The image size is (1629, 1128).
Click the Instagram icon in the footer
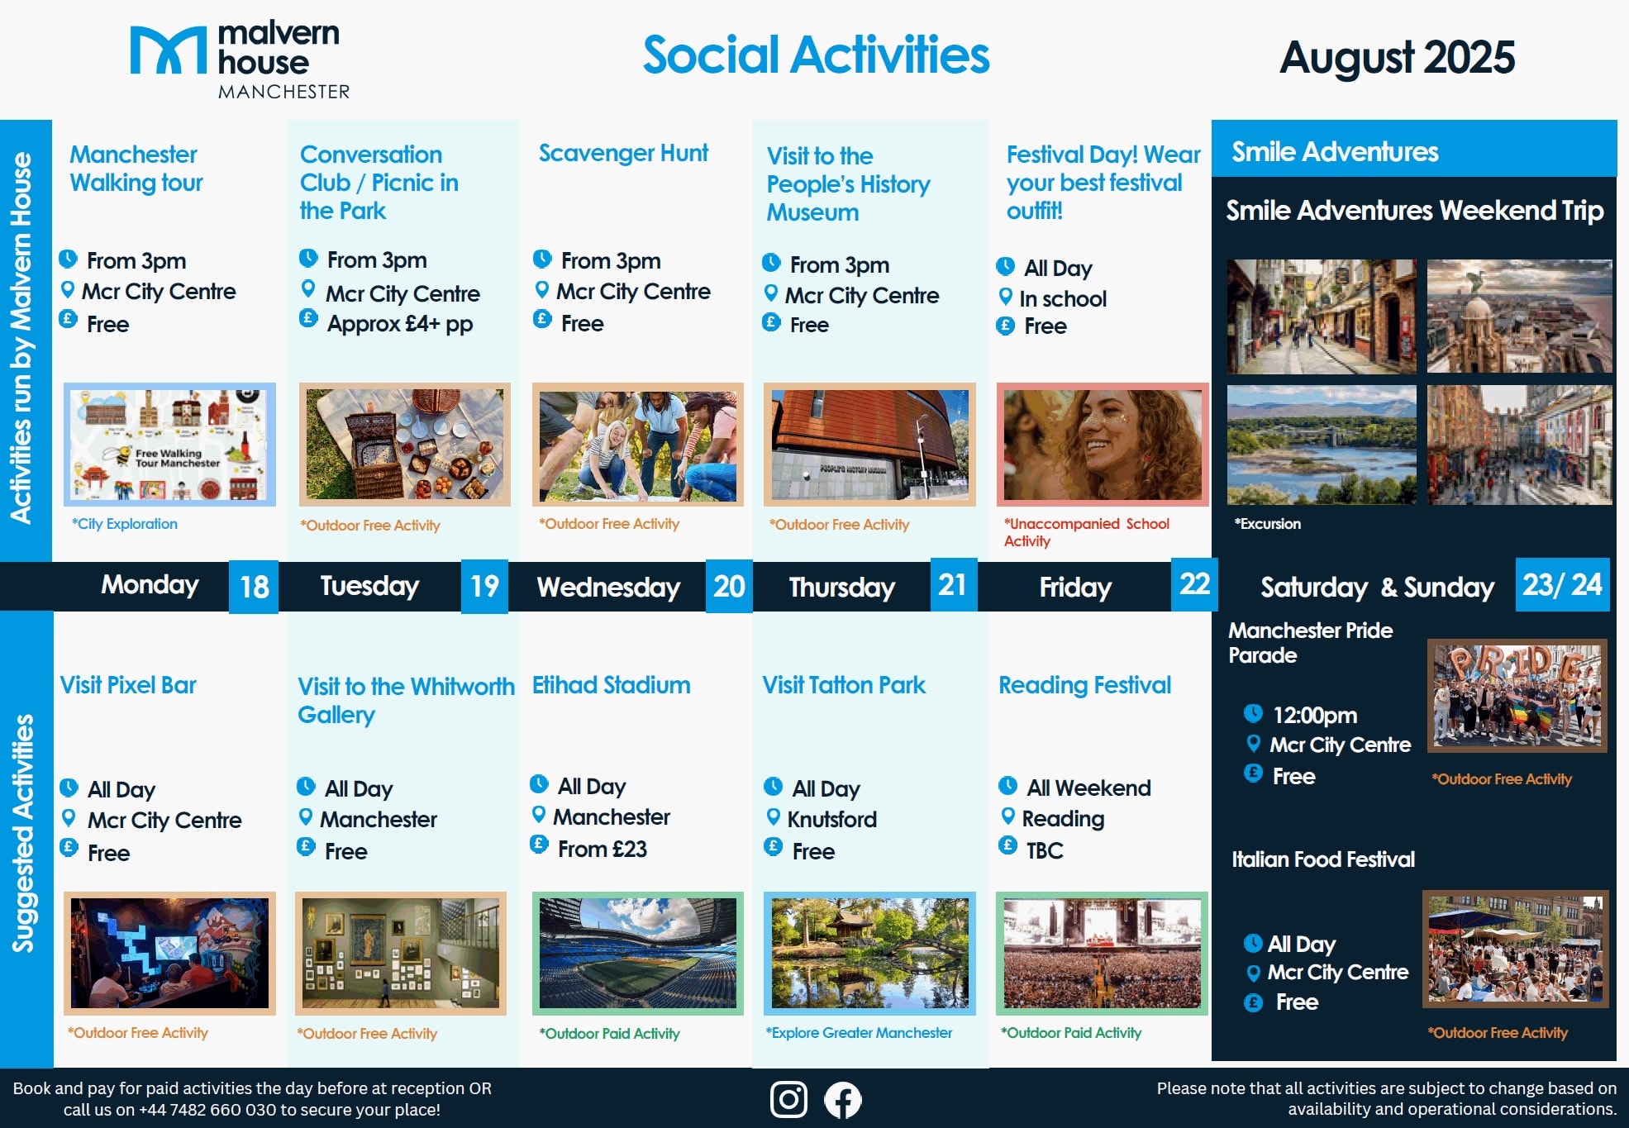tap(788, 1100)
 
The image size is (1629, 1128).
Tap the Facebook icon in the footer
tap(842, 1100)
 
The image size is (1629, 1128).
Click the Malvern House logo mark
tap(169, 50)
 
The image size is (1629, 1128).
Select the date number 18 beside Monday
tap(254, 587)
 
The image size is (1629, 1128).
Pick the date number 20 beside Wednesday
tap(729, 586)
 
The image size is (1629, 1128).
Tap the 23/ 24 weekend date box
tap(1562, 584)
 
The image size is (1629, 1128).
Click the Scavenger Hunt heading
tap(623, 153)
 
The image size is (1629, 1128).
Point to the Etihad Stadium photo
tap(638, 953)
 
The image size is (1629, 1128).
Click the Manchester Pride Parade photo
tap(1517, 695)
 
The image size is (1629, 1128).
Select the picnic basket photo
tap(405, 444)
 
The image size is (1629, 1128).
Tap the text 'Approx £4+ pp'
tap(400, 323)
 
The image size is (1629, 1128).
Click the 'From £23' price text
tap(603, 849)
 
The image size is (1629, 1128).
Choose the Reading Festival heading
tap(1084, 685)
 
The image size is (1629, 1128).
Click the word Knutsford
tap(832, 819)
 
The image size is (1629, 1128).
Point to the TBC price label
tap(1045, 850)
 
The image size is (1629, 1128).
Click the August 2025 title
tap(1397, 57)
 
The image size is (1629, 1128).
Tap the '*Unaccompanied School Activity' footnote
tap(1087, 532)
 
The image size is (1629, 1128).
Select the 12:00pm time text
tap(1315, 715)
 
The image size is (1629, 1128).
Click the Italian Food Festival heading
tap(1323, 859)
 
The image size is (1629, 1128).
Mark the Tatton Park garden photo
tap(869, 953)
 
